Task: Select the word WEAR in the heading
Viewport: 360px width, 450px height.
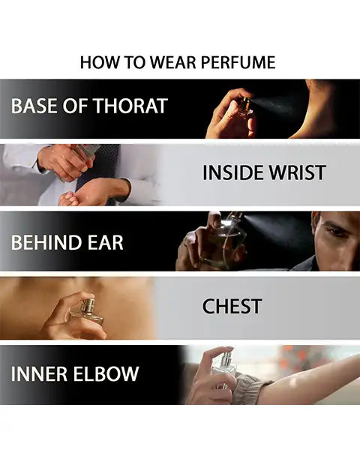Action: (174, 62)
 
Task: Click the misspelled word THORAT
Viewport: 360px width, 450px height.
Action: (131, 106)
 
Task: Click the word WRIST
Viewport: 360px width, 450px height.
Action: (297, 172)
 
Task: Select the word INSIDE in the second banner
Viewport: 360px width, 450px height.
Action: (233, 172)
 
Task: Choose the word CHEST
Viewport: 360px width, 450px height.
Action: (232, 306)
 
